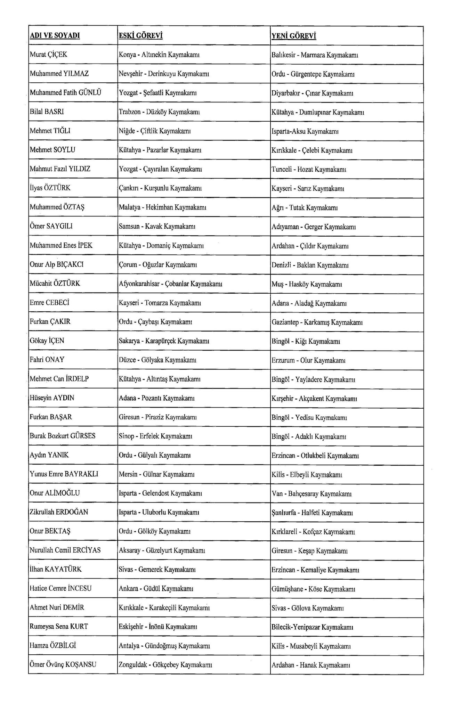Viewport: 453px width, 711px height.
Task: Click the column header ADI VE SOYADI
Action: pos(55,36)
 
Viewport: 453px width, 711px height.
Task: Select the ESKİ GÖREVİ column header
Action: pos(141,36)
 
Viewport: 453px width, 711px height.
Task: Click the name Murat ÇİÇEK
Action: pos(49,55)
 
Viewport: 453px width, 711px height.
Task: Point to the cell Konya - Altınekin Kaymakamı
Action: pos(159,55)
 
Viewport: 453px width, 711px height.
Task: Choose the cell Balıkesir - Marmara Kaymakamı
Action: pos(315,55)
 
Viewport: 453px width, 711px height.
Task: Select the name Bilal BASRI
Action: pos(47,112)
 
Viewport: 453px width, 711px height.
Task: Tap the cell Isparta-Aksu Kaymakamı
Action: pos(305,131)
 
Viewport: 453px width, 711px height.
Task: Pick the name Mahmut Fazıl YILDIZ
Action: pos(60,169)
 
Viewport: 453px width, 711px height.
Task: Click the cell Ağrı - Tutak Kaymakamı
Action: pos(305,208)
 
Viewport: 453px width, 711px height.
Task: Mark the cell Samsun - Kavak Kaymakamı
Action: pos(157,226)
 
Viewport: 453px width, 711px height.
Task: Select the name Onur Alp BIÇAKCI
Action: pos(57,264)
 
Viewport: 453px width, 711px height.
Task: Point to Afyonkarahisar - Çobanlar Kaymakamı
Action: pos(171,284)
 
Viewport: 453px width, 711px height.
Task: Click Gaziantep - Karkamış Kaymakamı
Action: pos(317,322)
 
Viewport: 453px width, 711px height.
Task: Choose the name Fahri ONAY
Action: pos(47,360)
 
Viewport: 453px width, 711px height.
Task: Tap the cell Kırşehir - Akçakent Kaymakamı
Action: pos(314,399)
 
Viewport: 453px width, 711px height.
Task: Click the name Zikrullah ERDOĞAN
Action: pos(59,512)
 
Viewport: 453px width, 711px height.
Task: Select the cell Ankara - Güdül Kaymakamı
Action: pos(156,588)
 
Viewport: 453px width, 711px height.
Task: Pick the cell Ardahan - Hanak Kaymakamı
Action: pos(311,665)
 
